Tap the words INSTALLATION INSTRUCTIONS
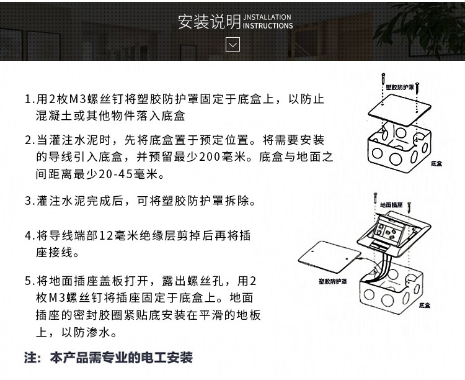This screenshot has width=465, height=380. click(x=268, y=22)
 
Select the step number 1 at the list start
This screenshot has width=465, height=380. click(x=28, y=100)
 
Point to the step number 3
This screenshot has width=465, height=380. click(x=28, y=201)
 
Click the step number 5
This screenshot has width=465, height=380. click(x=28, y=281)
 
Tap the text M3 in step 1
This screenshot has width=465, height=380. click(x=77, y=100)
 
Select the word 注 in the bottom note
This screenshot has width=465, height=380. click(x=30, y=358)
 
